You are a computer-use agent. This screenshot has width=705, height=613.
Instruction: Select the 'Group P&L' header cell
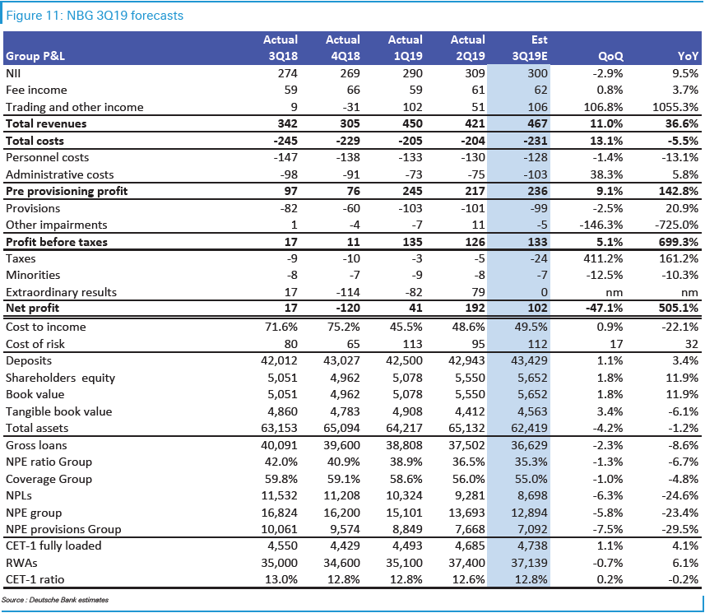(35, 56)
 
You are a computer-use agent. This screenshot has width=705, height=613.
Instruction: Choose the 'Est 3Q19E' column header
(530, 48)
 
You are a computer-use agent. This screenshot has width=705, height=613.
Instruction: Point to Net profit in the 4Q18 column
(345, 309)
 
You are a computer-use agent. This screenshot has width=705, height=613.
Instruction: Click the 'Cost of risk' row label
(35, 343)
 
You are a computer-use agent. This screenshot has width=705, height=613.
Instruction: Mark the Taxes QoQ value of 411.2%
(605, 258)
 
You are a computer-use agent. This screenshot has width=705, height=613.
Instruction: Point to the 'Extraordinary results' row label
(61, 292)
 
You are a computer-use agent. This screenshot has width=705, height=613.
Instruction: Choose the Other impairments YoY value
(677, 225)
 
